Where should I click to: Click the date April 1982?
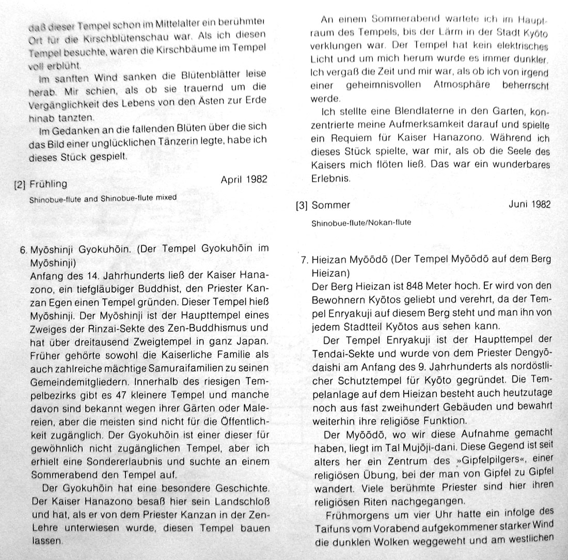coord(243,180)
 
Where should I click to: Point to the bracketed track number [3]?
coord(302,206)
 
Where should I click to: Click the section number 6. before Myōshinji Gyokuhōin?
coord(23,249)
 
